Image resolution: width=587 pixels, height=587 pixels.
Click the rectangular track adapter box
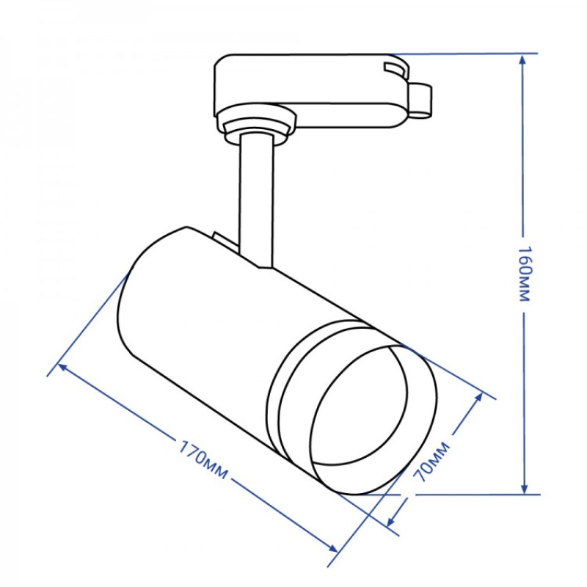tap(308, 88)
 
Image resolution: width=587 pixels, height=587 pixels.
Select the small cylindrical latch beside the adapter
tap(420, 100)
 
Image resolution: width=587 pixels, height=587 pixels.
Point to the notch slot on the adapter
tap(395, 70)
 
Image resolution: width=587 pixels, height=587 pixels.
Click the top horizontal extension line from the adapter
tap(470, 54)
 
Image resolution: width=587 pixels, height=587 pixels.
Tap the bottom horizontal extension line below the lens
tap(470, 494)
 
